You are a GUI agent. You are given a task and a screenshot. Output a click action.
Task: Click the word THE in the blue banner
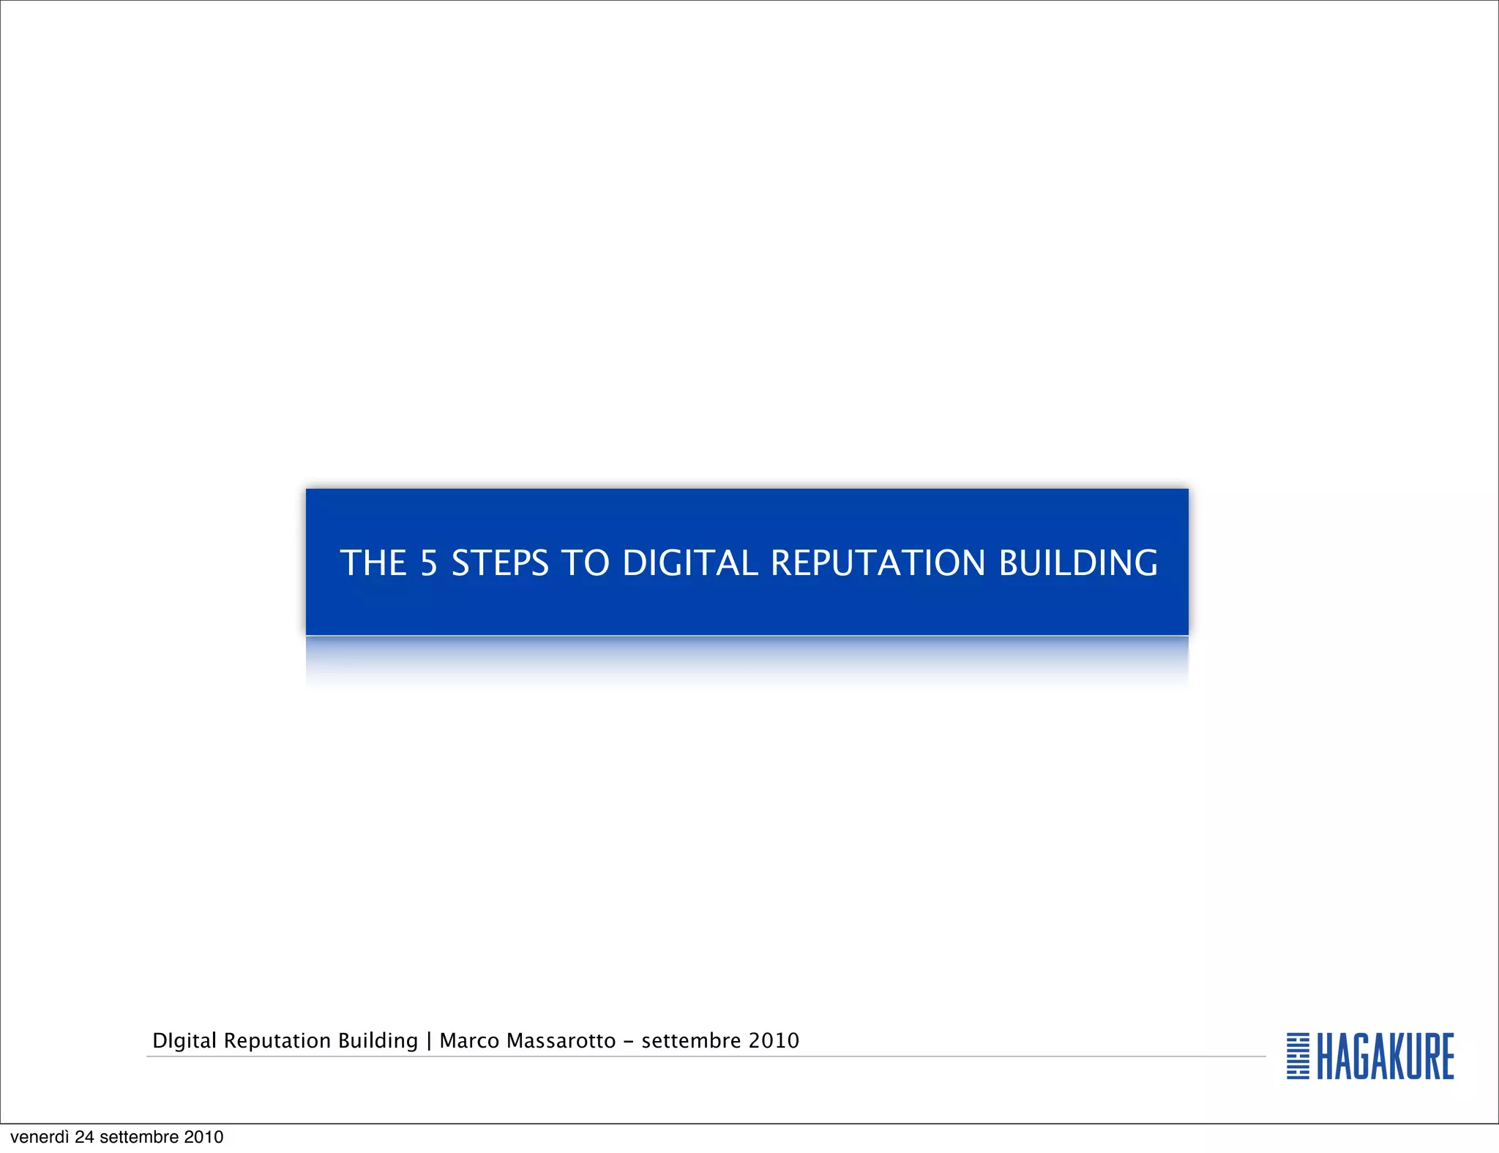373,563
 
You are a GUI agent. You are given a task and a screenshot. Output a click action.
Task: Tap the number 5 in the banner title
428,563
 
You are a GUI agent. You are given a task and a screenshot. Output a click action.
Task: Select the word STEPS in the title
500,563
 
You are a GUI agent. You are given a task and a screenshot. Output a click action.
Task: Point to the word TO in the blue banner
586,563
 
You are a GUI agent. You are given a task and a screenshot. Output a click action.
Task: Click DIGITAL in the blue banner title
690,563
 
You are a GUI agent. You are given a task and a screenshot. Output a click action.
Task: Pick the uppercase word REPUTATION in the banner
878,563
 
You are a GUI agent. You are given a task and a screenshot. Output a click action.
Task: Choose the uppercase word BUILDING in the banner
1078,563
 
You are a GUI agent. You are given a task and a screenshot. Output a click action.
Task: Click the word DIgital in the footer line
184,1041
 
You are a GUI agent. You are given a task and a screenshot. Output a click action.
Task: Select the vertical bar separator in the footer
429,1041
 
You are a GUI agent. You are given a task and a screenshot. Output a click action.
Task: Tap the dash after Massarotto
629,1041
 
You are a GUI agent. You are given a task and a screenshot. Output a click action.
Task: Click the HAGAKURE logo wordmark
1386,1056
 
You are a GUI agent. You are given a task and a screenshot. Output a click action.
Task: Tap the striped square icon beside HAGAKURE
1298,1056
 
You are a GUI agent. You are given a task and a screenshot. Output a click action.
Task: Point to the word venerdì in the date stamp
40,1137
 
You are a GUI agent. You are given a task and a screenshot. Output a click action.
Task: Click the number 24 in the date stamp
85,1137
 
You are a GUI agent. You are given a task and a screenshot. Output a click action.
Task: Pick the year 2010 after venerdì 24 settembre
203,1137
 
